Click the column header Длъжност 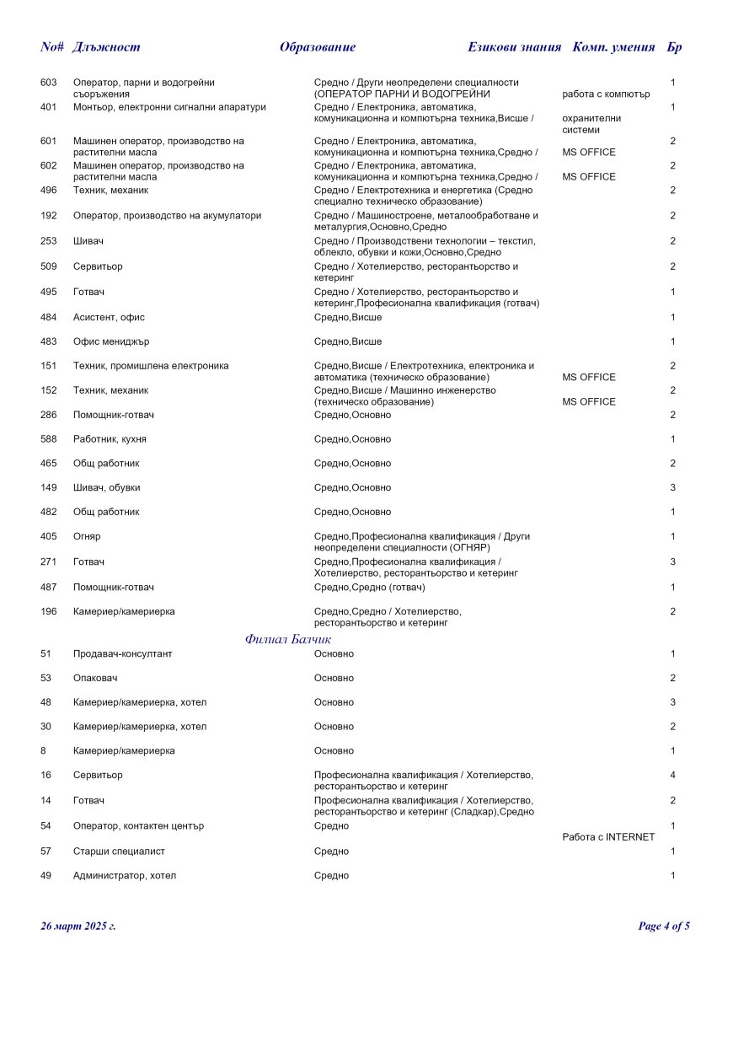(106, 47)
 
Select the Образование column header (318, 47)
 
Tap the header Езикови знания (514, 47)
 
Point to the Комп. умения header (613, 47)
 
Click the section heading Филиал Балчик (289, 639)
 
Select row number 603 (48, 83)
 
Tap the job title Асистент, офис (109, 317)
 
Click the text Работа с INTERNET (607, 837)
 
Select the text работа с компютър (606, 94)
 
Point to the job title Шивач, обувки (107, 487)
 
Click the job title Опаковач (95, 678)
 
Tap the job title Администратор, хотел (125, 876)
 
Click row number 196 (48, 611)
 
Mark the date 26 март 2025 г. (78, 927)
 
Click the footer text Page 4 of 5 (664, 927)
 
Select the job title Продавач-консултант (122, 653)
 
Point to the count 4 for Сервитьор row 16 (672, 775)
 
